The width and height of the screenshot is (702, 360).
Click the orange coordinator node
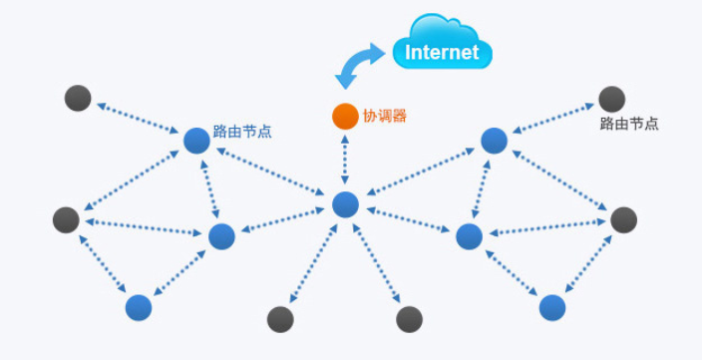tap(344, 116)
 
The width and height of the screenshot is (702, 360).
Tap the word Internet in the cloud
tap(443, 52)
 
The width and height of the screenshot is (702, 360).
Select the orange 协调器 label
tap(384, 116)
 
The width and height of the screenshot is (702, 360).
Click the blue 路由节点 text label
tap(242, 131)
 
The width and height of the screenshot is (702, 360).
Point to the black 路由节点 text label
tap(629, 125)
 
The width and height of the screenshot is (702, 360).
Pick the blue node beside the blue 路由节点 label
tap(195, 141)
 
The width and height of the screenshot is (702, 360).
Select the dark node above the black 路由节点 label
tap(611, 99)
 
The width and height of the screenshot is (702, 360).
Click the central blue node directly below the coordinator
tap(345, 204)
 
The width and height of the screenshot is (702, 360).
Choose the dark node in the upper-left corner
tap(78, 98)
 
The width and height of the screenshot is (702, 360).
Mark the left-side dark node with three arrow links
tap(66, 219)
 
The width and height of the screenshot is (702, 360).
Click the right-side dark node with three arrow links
tap(623, 219)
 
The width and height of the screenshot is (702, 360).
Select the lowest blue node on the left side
tap(139, 307)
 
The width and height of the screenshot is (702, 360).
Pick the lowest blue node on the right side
tap(552, 307)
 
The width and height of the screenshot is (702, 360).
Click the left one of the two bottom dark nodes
tap(281, 319)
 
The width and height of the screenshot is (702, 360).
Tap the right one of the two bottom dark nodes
tap(410, 319)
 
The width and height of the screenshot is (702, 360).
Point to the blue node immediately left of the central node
tap(221, 236)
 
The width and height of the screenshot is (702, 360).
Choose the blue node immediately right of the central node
tap(469, 236)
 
